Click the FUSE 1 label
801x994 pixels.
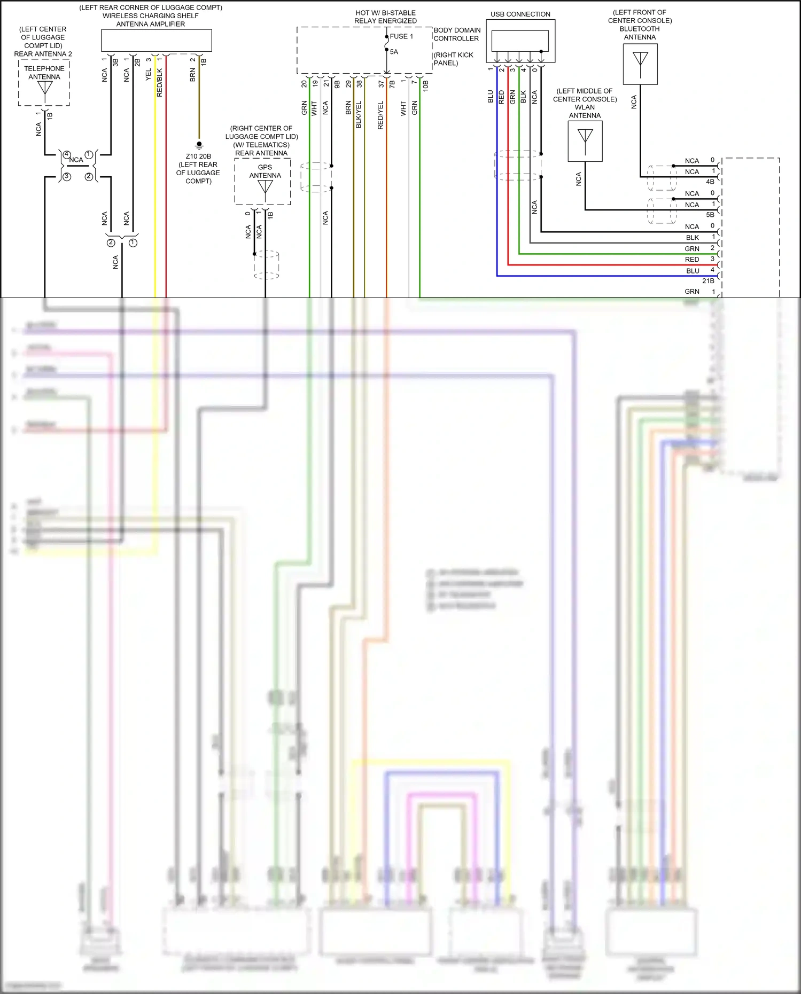pos(401,36)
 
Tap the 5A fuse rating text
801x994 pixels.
pos(394,52)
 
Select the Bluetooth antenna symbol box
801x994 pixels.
pos(640,64)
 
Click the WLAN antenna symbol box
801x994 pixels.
pos(585,141)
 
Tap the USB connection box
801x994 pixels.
pos(520,41)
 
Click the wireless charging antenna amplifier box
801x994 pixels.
pos(157,41)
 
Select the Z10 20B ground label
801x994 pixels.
pos(198,156)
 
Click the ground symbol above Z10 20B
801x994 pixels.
pos(199,145)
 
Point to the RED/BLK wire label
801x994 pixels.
pos(160,82)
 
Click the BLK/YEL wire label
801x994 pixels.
pos(359,114)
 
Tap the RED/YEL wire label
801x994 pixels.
pos(380,115)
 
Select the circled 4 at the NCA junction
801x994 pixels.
pos(67,154)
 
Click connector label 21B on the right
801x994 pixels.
pos(708,280)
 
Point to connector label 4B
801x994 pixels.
pos(710,182)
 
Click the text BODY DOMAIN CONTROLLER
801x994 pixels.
pos(457,34)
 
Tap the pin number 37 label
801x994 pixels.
pos(381,84)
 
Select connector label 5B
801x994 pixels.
pos(710,215)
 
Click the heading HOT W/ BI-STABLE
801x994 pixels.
pos(385,13)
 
